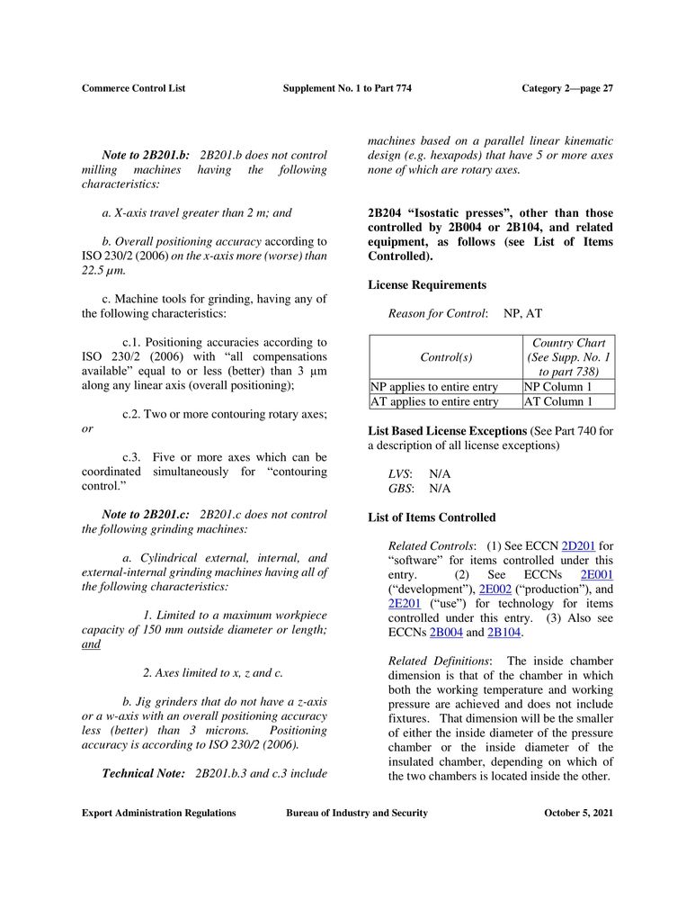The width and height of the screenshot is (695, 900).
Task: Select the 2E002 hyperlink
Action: [494, 589]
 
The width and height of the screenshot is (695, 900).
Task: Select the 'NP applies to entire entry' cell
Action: [434, 386]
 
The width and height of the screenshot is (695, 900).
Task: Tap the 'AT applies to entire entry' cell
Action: [434, 401]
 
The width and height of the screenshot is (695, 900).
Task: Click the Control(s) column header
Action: [446, 357]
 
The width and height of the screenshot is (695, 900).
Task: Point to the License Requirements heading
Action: [427, 285]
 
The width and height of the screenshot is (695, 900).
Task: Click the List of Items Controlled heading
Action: [432, 517]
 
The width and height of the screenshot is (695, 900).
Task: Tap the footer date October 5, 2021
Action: [579, 814]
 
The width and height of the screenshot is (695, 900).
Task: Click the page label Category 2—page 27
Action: [567, 88]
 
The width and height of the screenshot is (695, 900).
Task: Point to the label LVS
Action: [399, 473]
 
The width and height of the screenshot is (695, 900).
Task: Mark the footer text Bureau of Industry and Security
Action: [357, 814]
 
